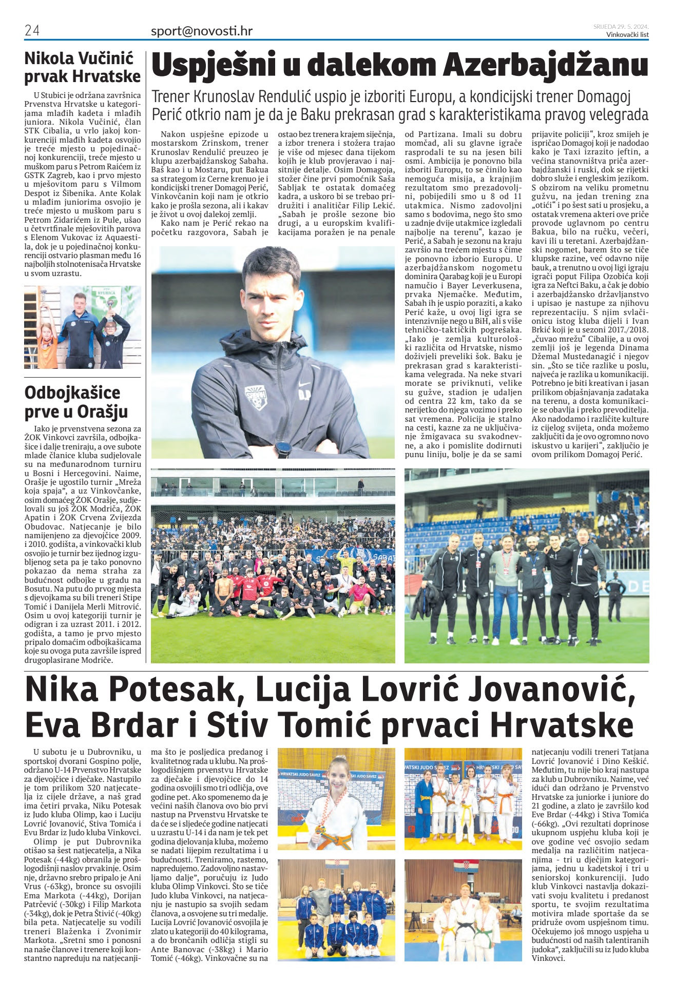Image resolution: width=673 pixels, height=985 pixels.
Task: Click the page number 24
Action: [32, 30]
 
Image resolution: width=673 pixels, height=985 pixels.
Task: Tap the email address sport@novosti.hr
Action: [201, 31]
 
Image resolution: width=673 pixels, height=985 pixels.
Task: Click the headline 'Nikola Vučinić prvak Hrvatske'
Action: [82, 67]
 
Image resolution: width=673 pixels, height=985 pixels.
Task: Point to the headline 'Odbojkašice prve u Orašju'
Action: [76, 402]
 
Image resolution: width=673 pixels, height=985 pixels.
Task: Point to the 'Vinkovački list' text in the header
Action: [627, 35]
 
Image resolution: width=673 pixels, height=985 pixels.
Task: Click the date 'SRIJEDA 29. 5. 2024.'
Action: [621, 27]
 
